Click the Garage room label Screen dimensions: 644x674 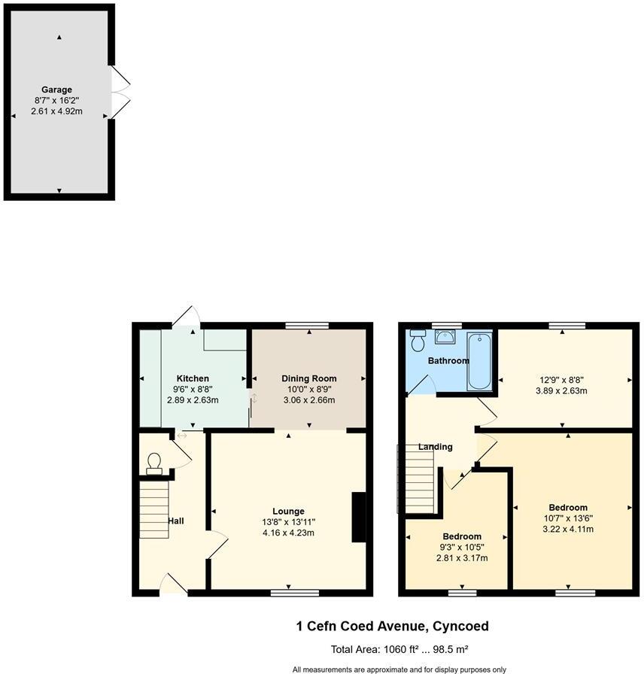56,90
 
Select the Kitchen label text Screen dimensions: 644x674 193,378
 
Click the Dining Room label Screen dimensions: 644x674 308,378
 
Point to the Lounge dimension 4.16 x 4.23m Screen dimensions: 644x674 288,533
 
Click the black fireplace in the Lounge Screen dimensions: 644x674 359,517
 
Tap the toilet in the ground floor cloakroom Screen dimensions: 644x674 154,464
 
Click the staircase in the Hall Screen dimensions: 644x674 154,509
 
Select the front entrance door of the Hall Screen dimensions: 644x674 174,584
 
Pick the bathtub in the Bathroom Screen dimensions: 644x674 479,361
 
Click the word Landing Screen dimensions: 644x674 435,447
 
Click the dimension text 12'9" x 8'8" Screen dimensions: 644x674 561,380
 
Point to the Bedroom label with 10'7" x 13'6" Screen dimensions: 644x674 568,508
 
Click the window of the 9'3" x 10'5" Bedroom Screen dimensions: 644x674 462,594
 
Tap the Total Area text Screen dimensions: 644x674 399,649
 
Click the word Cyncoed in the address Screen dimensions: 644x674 460,627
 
